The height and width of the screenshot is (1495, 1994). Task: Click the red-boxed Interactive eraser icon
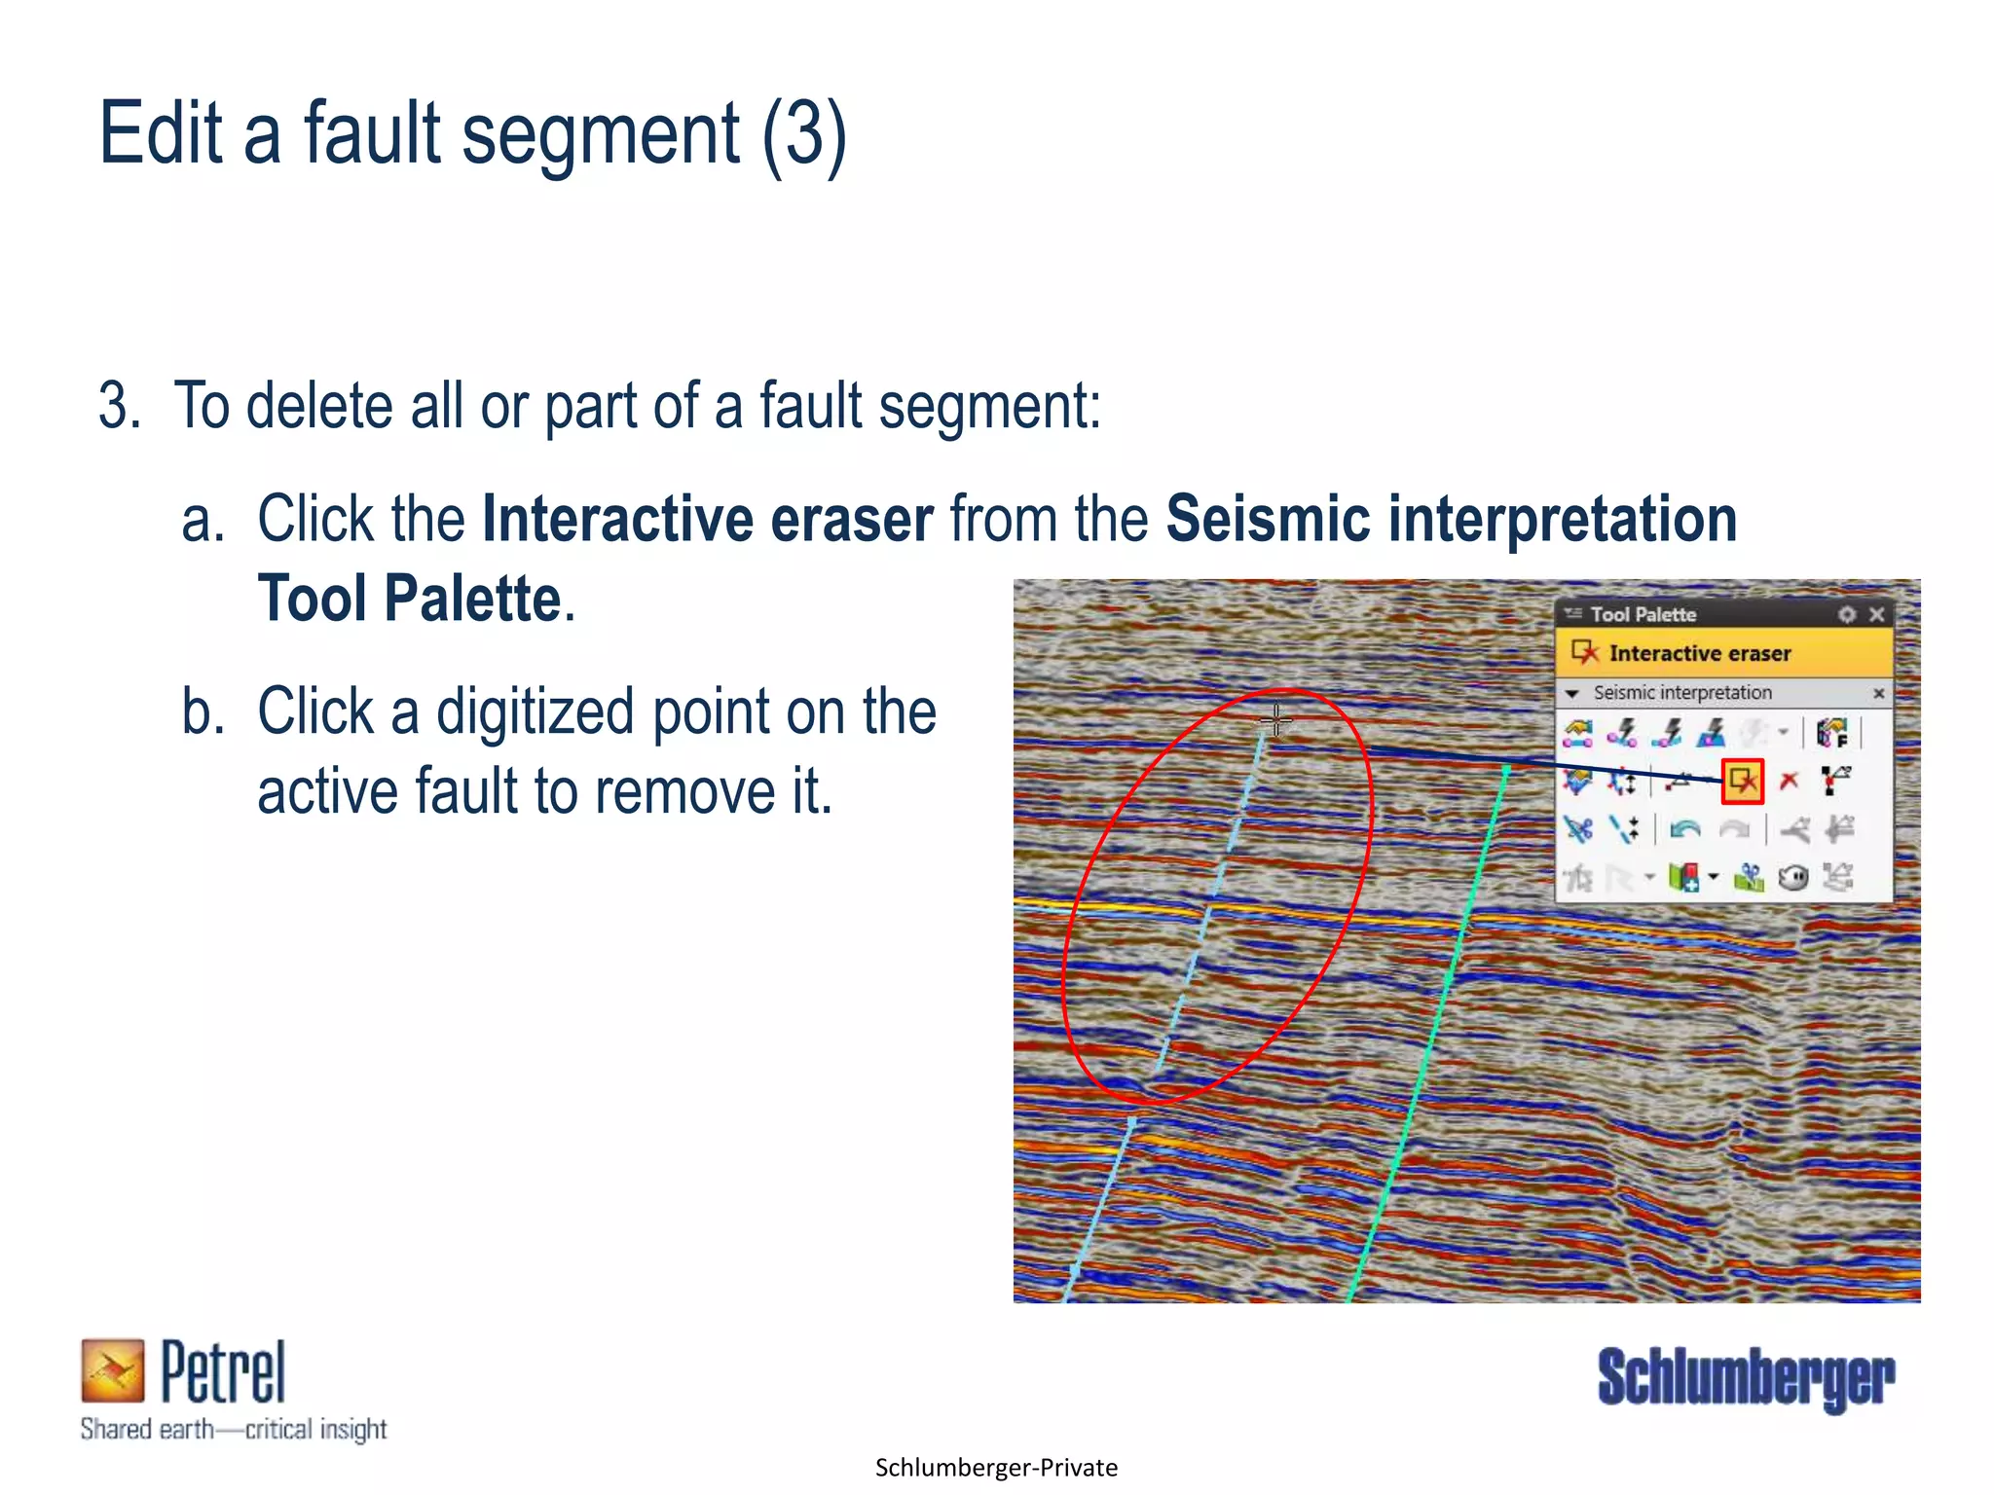[1742, 781]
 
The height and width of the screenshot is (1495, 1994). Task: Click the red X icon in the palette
[1789, 781]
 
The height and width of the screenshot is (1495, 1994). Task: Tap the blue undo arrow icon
[1684, 829]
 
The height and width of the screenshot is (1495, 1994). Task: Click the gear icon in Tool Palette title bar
[1847, 614]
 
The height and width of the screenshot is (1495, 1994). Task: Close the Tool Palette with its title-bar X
[1877, 614]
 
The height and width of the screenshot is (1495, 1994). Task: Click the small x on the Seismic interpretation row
[1878, 693]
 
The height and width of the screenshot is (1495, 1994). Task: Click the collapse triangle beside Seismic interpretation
[1571, 694]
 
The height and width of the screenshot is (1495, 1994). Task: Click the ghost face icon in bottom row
[1792, 878]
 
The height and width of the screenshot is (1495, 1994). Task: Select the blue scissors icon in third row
[1578, 829]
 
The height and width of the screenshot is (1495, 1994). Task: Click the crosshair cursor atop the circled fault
[1275, 720]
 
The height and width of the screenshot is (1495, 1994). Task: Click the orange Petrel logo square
[112, 1370]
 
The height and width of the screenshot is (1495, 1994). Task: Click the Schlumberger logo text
[1746, 1377]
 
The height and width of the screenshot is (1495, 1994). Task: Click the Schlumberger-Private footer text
[996, 1468]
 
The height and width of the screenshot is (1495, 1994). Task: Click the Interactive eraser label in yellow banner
[1699, 653]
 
